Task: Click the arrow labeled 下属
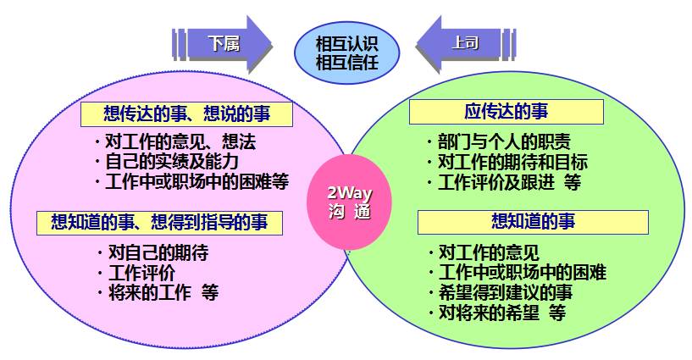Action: click(x=223, y=44)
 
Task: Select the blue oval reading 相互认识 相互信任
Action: click(x=347, y=53)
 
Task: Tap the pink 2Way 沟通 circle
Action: click(x=350, y=202)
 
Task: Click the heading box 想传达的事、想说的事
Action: click(x=186, y=114)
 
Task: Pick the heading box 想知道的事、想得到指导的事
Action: click(x=159, y=223)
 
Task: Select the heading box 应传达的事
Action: click(x=507, y=112)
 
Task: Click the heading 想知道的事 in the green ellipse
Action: click(x=533, y=222)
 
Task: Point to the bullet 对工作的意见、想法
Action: click(x=175, y=142)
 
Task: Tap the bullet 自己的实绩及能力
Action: click(x=166, y=162)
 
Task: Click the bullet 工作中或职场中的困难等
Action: click(x=191, y=182)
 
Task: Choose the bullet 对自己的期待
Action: click(x=152, y=252)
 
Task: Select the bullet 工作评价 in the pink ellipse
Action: click(x=136, y=273)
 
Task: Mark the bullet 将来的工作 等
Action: click(x=158, y=292)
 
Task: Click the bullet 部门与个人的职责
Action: click(x=499, y=142)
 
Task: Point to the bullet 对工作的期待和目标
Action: click(x=507, y=162)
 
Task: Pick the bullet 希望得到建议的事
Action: click(x=501, y=292)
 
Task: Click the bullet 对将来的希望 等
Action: click(x=497, y=313)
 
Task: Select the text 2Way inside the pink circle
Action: click(x=350, y=193)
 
